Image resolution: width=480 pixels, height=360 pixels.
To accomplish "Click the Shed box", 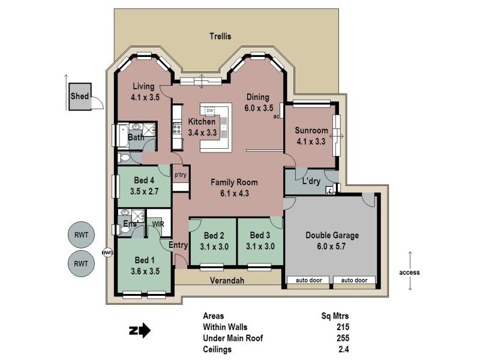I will (79, 97).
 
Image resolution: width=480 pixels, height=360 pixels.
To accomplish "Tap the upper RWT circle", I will (81, 235).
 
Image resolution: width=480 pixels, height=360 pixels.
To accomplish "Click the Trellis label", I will (220, 36).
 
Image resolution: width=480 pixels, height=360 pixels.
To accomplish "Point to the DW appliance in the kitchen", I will (210, 111).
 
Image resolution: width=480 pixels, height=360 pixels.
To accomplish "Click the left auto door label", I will (309, 280).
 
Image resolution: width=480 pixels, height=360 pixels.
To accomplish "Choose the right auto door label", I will (354, 280).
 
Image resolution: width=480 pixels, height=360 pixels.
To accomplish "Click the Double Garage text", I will (332, 235).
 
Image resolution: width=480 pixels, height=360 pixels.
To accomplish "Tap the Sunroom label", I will (311, 131).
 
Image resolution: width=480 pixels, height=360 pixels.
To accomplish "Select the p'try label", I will (180, 175).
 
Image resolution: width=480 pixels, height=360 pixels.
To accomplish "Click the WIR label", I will (158, 224).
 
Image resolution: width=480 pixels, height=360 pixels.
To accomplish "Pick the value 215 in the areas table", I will (343, 327).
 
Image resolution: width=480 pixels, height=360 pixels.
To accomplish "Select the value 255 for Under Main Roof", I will (343, 338).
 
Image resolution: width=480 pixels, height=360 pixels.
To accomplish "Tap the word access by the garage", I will (409, 272).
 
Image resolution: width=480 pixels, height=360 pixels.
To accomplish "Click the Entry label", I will (178, 245).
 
